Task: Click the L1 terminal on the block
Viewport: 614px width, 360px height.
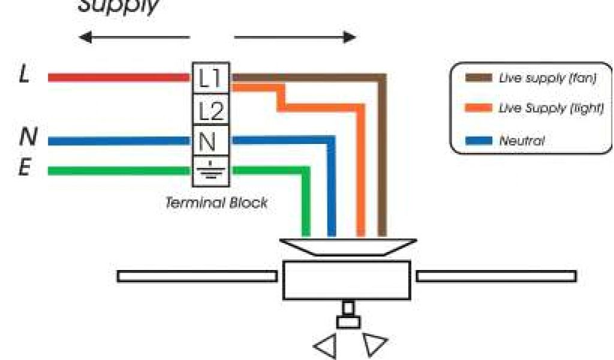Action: point(210,78)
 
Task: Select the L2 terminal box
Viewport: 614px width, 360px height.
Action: point(210,110)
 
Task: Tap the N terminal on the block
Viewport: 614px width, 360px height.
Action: point(210,142)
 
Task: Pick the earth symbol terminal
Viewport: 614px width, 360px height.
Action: point(210,171)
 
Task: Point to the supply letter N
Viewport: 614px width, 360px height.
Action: point(26,139)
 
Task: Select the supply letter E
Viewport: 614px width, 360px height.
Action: point(25,169)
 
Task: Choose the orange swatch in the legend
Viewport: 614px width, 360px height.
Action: point(478,109)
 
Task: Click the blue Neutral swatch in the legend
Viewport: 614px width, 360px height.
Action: point(478,142)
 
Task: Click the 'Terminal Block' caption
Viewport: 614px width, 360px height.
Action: point(216,203)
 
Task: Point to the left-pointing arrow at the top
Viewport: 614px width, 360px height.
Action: point(134,38)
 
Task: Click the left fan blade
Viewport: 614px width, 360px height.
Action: point(197,276)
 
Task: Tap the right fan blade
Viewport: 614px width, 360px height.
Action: point(496,276)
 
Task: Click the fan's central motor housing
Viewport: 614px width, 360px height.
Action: point(346,280)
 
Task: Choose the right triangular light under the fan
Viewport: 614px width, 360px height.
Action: point(372,345)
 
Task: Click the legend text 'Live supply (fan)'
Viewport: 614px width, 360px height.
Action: point(547,79)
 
